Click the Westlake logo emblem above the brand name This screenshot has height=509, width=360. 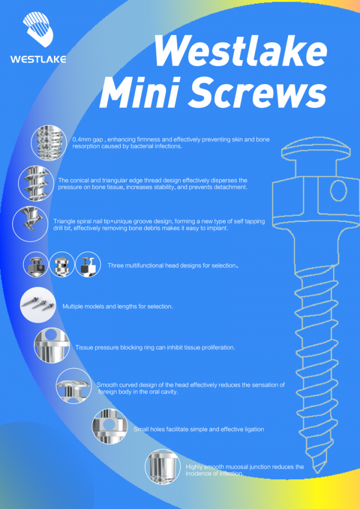[38, 29]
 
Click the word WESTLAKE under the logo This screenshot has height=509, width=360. [38, 59]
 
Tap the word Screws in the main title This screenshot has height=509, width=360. [257, 93]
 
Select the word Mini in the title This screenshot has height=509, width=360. [140, 93]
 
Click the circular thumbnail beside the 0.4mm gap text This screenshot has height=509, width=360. [49, 143]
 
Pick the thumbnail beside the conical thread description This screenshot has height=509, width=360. [36, 183]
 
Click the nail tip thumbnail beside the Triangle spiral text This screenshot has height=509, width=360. [30, 224]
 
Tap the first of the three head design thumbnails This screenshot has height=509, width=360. [36, 264]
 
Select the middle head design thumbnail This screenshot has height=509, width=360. [62, 264]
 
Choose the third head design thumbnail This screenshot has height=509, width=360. [88, 264]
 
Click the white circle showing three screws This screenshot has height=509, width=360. [38, 305]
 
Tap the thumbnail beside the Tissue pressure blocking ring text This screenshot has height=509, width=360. [52, 345]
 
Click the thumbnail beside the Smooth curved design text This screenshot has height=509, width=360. [74, 386]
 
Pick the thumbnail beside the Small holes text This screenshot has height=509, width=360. [110, 426]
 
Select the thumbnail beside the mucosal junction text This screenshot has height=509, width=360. [163, 467]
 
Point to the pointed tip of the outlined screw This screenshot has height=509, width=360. [319, 472]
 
